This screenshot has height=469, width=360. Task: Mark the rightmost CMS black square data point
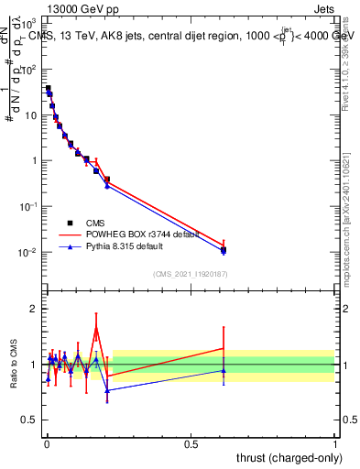tap(224, 250)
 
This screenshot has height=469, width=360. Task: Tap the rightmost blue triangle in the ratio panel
tap(224, 370)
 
